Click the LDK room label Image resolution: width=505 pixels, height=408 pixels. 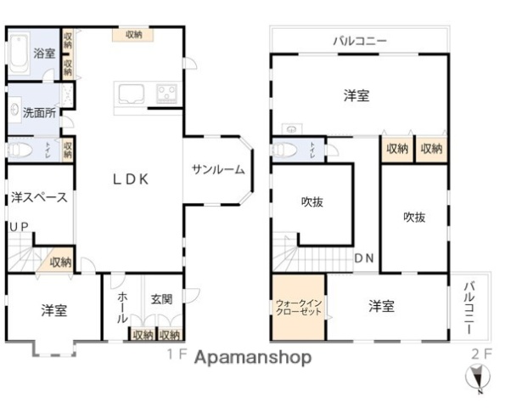pos(132,179)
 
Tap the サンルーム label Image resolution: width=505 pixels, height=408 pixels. pos(217,169)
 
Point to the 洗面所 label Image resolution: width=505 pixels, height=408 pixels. pos(39,111)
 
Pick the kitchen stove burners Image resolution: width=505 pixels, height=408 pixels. pos(166,92)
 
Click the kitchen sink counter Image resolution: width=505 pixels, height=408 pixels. pos(132,93)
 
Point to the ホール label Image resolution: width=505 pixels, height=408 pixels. pos(122,306)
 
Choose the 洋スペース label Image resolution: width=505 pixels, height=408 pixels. pos(39,197)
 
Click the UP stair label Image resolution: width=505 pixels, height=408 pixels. pos(17,227)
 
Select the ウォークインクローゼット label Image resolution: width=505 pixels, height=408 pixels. pos(298,307)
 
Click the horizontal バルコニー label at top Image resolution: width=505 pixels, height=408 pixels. pos(359,41)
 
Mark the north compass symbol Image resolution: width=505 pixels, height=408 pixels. pos(480,377)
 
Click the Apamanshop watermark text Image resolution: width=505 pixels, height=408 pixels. pos(252,358)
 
